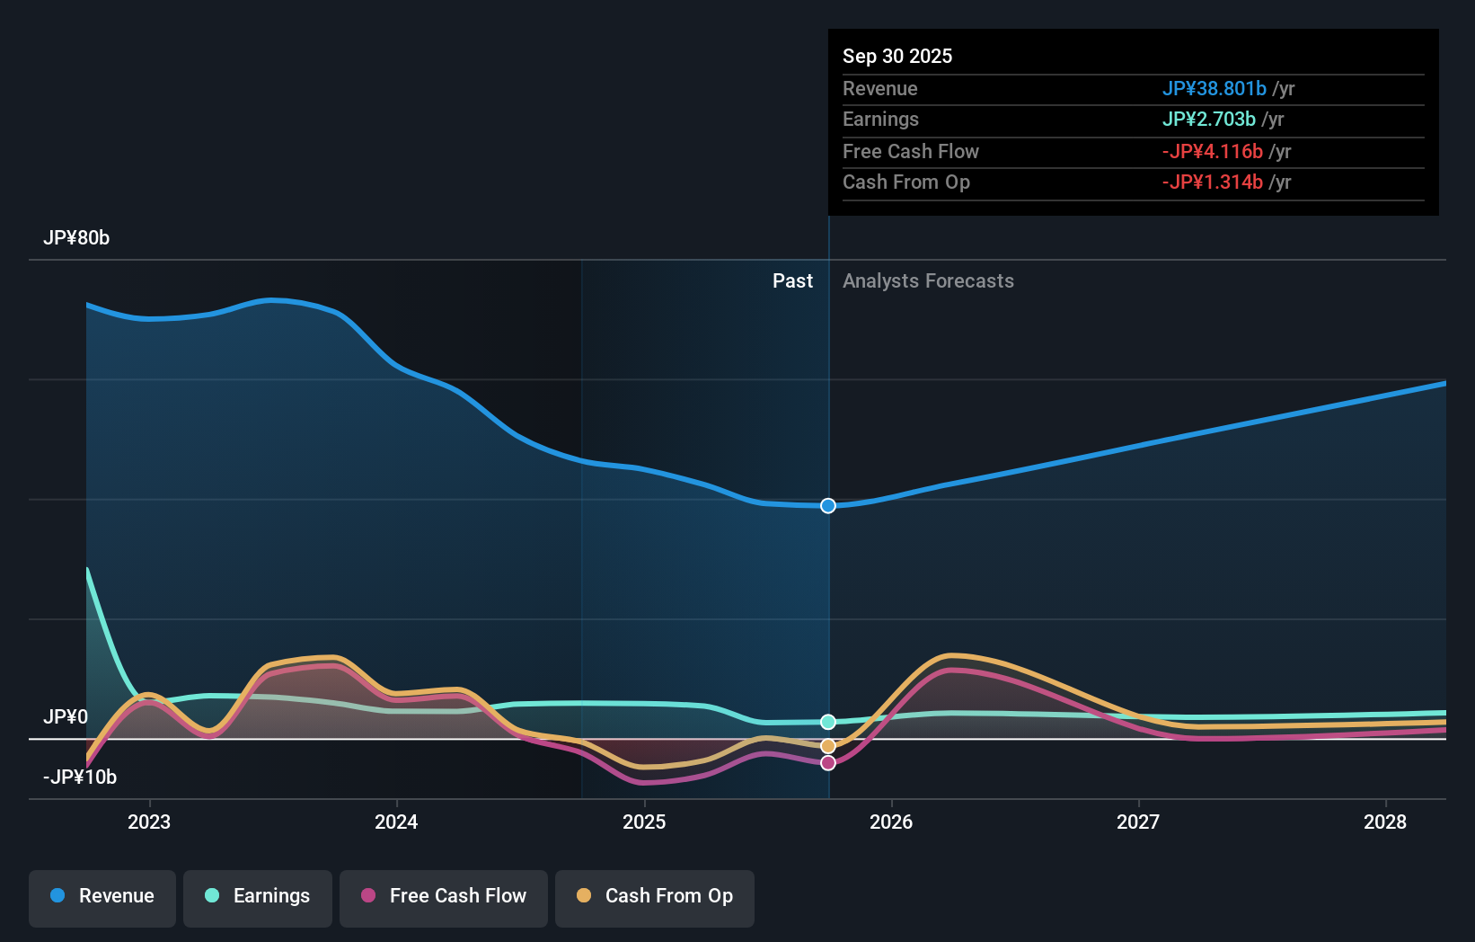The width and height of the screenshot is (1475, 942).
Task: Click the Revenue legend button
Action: [102, 896]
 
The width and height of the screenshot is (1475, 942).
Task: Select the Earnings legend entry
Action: [258, 896]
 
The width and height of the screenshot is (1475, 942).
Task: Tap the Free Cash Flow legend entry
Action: [444, 896]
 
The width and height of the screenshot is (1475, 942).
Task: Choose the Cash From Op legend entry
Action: [655, 896]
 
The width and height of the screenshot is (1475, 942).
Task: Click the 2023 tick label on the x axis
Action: [149, 822]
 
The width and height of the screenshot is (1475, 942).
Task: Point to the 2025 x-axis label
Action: [644, 822]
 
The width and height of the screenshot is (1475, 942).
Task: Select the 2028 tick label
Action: [1385, 822]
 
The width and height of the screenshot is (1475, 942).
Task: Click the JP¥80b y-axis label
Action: [76, 238]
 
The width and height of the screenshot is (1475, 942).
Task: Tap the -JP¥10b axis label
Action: [80, 777]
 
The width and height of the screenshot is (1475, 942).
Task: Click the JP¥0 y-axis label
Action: [66, 716]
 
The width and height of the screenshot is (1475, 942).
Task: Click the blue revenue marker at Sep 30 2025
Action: [828, 506]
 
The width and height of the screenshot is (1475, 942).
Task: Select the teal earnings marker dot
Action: [828, 722]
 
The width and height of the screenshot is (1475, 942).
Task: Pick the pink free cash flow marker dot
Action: [828, 763]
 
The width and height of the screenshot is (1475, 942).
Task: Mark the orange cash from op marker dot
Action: [828, 746]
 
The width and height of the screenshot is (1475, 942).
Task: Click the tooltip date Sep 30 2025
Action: [897, 56]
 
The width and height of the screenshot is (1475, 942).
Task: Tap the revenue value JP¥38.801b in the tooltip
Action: [1214, 88]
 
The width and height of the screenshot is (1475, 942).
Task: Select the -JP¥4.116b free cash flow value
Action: [1212, 151]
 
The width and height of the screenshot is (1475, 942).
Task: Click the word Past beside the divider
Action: [792, 281]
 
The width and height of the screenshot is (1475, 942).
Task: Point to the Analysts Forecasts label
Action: [928, 281]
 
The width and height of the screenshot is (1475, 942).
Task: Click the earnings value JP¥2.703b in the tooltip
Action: [1208, 119]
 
